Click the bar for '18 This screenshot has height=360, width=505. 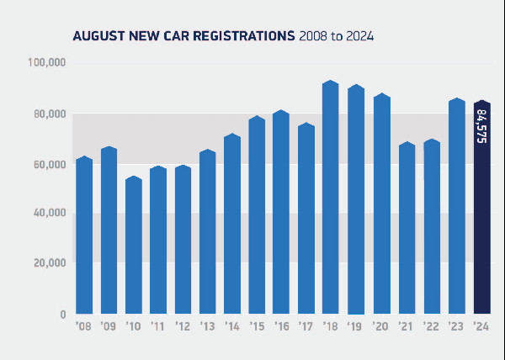point(331,198)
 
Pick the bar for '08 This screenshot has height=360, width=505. point(83,236)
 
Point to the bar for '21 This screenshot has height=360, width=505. point(407,228)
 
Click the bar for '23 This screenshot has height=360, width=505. point(457,207)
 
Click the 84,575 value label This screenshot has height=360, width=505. point(481,126)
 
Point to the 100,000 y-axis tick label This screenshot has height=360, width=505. point(48,64)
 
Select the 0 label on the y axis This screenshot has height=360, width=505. point(62,314)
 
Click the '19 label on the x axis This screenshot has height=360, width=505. point(356,327)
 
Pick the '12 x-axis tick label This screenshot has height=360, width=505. point(182,327)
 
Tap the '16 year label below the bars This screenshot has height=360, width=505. point(282,327)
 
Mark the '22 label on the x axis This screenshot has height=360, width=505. point(431,327)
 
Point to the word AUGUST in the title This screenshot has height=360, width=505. point(98,36)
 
